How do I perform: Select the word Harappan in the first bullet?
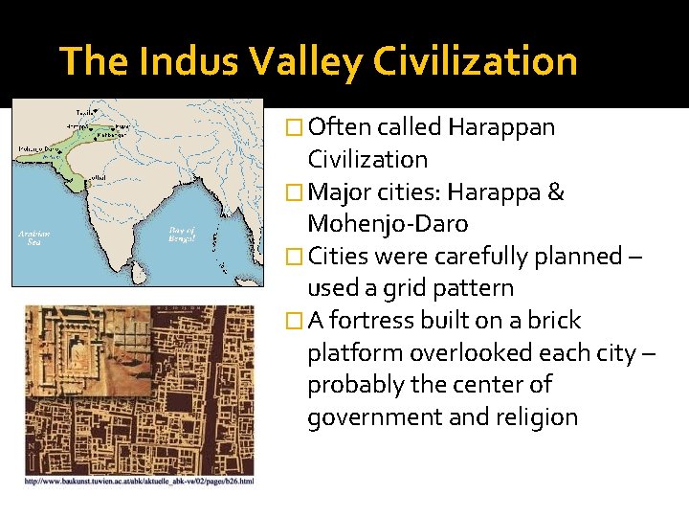(x=500, y=127)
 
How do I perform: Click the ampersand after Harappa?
(x=556, y=192)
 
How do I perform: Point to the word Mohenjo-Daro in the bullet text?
(x=388, y=224)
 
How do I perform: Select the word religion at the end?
(x=534, y=417)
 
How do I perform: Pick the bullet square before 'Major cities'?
(x=294, y=192)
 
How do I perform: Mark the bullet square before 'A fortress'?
(x=294, y=321)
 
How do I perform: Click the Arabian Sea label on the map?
(x=34, y=236)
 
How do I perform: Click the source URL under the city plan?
(x=140, y=481)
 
